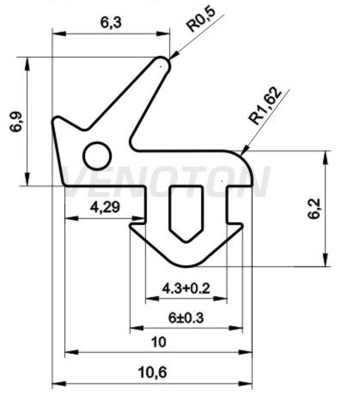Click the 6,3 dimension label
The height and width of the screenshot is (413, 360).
[111, 22]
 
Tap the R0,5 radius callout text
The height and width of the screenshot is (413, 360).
[201, 18]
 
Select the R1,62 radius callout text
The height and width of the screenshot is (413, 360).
[265, 106]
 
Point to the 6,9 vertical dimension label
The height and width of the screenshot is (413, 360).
[16, 121]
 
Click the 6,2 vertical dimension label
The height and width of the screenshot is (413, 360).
[314, 209]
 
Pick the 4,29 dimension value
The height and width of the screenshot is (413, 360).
[105, 207]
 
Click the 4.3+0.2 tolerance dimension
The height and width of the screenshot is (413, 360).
[186, 288]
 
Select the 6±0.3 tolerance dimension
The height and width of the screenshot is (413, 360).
[186, 318]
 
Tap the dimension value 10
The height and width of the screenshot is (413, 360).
[158, 342]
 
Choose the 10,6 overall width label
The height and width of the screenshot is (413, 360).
[152, 373]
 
